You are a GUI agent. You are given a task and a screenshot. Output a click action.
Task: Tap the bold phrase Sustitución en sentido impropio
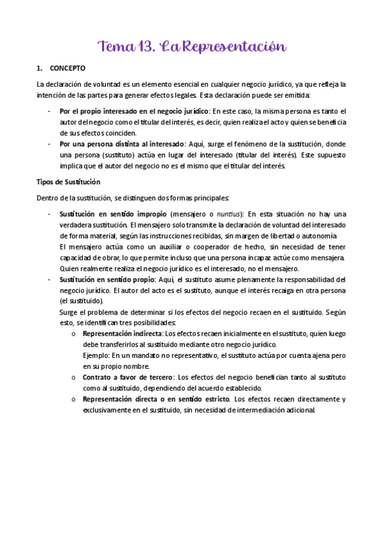coord(113,213)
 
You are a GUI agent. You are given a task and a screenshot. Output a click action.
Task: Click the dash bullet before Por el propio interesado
coord(50,111)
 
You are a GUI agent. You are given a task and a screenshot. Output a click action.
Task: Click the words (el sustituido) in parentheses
coord(80,300)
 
